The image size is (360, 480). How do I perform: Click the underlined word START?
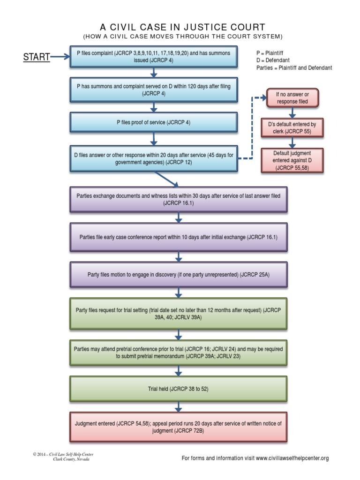(x=37, y=57)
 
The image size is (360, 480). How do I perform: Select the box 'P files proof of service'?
(x=154, y=122)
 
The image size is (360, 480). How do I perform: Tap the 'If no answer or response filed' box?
(x=292, y=97)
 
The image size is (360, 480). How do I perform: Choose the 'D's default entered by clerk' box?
(x=292, y=128)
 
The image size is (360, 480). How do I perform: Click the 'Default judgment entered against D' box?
(x=292, y=160)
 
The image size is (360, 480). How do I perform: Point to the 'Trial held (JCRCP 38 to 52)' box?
(x=178, y=389)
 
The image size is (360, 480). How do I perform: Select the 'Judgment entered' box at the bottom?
(x=178, y=427)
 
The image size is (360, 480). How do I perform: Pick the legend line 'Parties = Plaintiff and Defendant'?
(x=294, y=68)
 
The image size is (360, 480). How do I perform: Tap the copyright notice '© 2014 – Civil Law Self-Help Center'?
(x=60, y=455)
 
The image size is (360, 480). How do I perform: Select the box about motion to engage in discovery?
(x=178, y=275)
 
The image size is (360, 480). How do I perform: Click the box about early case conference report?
(x=178, y=237)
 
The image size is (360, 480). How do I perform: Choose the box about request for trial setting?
(x=178, y=313)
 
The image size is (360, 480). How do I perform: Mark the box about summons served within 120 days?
(x=154, y=90)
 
